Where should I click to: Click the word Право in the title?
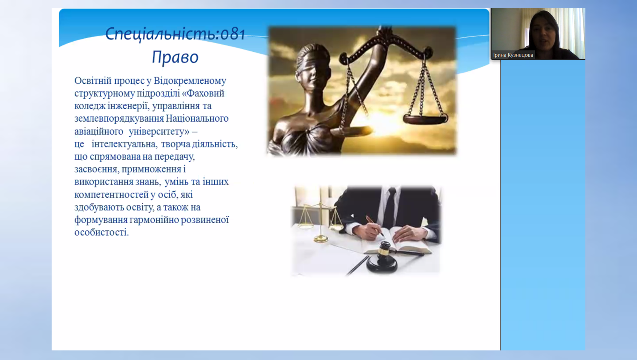tap(175, 57)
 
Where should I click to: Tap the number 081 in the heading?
tap(233, 34)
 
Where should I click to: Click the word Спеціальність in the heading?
tap(161, 34)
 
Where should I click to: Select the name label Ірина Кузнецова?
tap(513, 55)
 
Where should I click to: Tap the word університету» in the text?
tap(159, 131)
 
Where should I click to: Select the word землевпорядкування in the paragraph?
tap(119, 119)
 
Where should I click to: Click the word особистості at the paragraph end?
tap(102, 232)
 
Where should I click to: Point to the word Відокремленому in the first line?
tap(190, 81)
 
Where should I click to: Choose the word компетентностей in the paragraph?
tap(111, 195)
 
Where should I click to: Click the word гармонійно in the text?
tap(154, 220)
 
